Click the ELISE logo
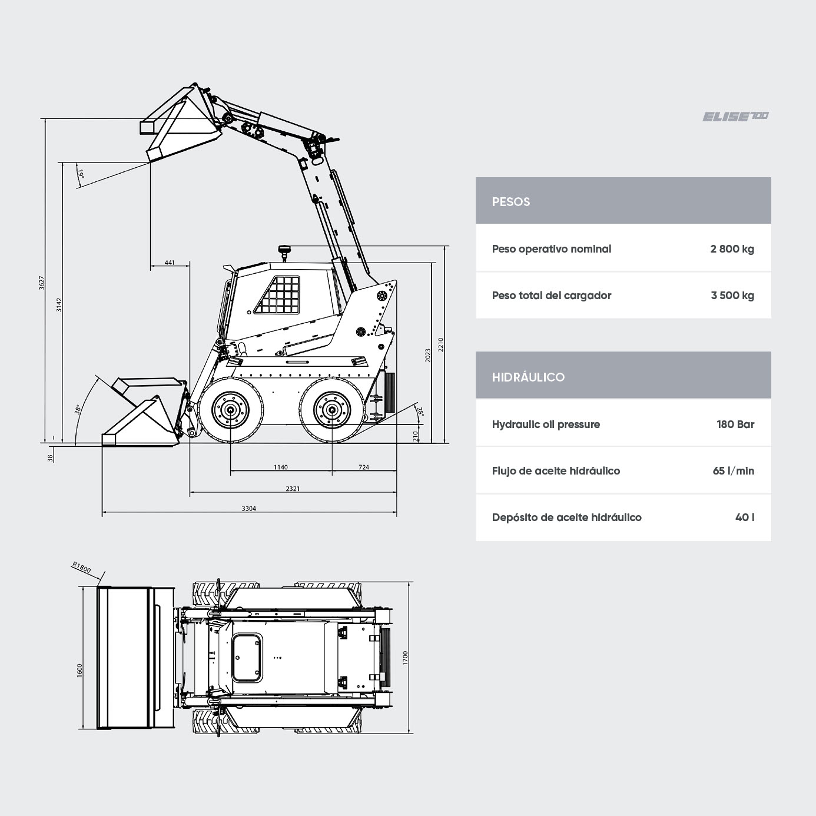[735, 117]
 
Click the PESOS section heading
[510, 201]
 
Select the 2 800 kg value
[732, 248]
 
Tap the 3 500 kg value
[732, 295]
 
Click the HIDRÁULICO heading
[528, 377]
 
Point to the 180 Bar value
[735, 424]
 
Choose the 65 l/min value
[734, 471]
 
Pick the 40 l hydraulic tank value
[745, 518]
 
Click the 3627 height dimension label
[41, 283]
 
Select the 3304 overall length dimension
[248, 509]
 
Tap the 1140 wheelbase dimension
[280, 467]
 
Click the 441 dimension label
[170, 263]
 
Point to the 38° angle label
[78, 410]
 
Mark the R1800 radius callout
[81, 567]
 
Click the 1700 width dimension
[405, 658]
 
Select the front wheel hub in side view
[230, 410]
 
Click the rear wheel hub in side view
[332, 410]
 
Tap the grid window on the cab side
[277, 295]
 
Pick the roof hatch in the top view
[247, 658]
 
